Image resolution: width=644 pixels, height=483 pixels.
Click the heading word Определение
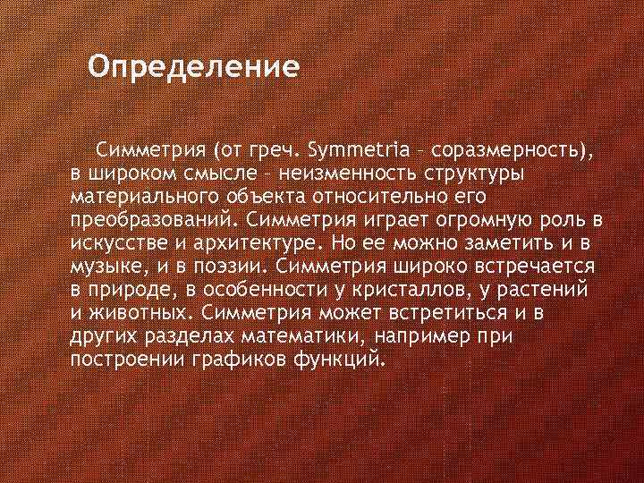tap(193, 68)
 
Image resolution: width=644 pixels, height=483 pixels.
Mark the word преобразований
tap(151, 218)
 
